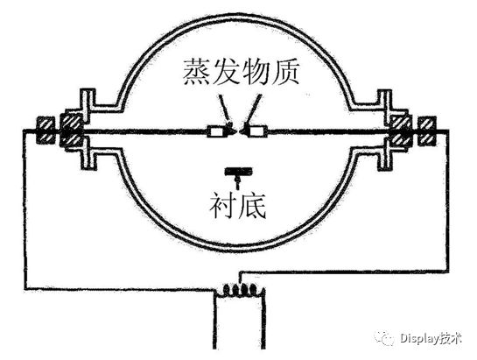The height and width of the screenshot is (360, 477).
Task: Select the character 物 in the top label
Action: [256, 72]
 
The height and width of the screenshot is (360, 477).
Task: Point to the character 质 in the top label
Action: [285, 72]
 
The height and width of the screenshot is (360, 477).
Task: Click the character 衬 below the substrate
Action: [223, 205]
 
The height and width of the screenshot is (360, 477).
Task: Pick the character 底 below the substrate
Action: [252, 205]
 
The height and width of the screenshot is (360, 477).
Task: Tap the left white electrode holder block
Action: [216, 132]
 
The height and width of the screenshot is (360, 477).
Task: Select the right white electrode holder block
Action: [258, 131]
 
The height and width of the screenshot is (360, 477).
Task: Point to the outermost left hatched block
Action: [46, 131]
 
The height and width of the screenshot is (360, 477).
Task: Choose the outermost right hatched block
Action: [427, 131]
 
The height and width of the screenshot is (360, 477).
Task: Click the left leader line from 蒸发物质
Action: [225, 110]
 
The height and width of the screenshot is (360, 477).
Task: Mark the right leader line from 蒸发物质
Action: [253, 110]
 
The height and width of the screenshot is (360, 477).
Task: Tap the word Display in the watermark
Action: [420, 338]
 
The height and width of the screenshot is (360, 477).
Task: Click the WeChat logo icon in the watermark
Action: [384, 337]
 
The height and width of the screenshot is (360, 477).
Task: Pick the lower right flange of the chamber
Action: [384, 155]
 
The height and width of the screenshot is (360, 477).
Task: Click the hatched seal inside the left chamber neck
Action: [72, 130]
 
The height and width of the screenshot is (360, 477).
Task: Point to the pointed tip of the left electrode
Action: [235, 131]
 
